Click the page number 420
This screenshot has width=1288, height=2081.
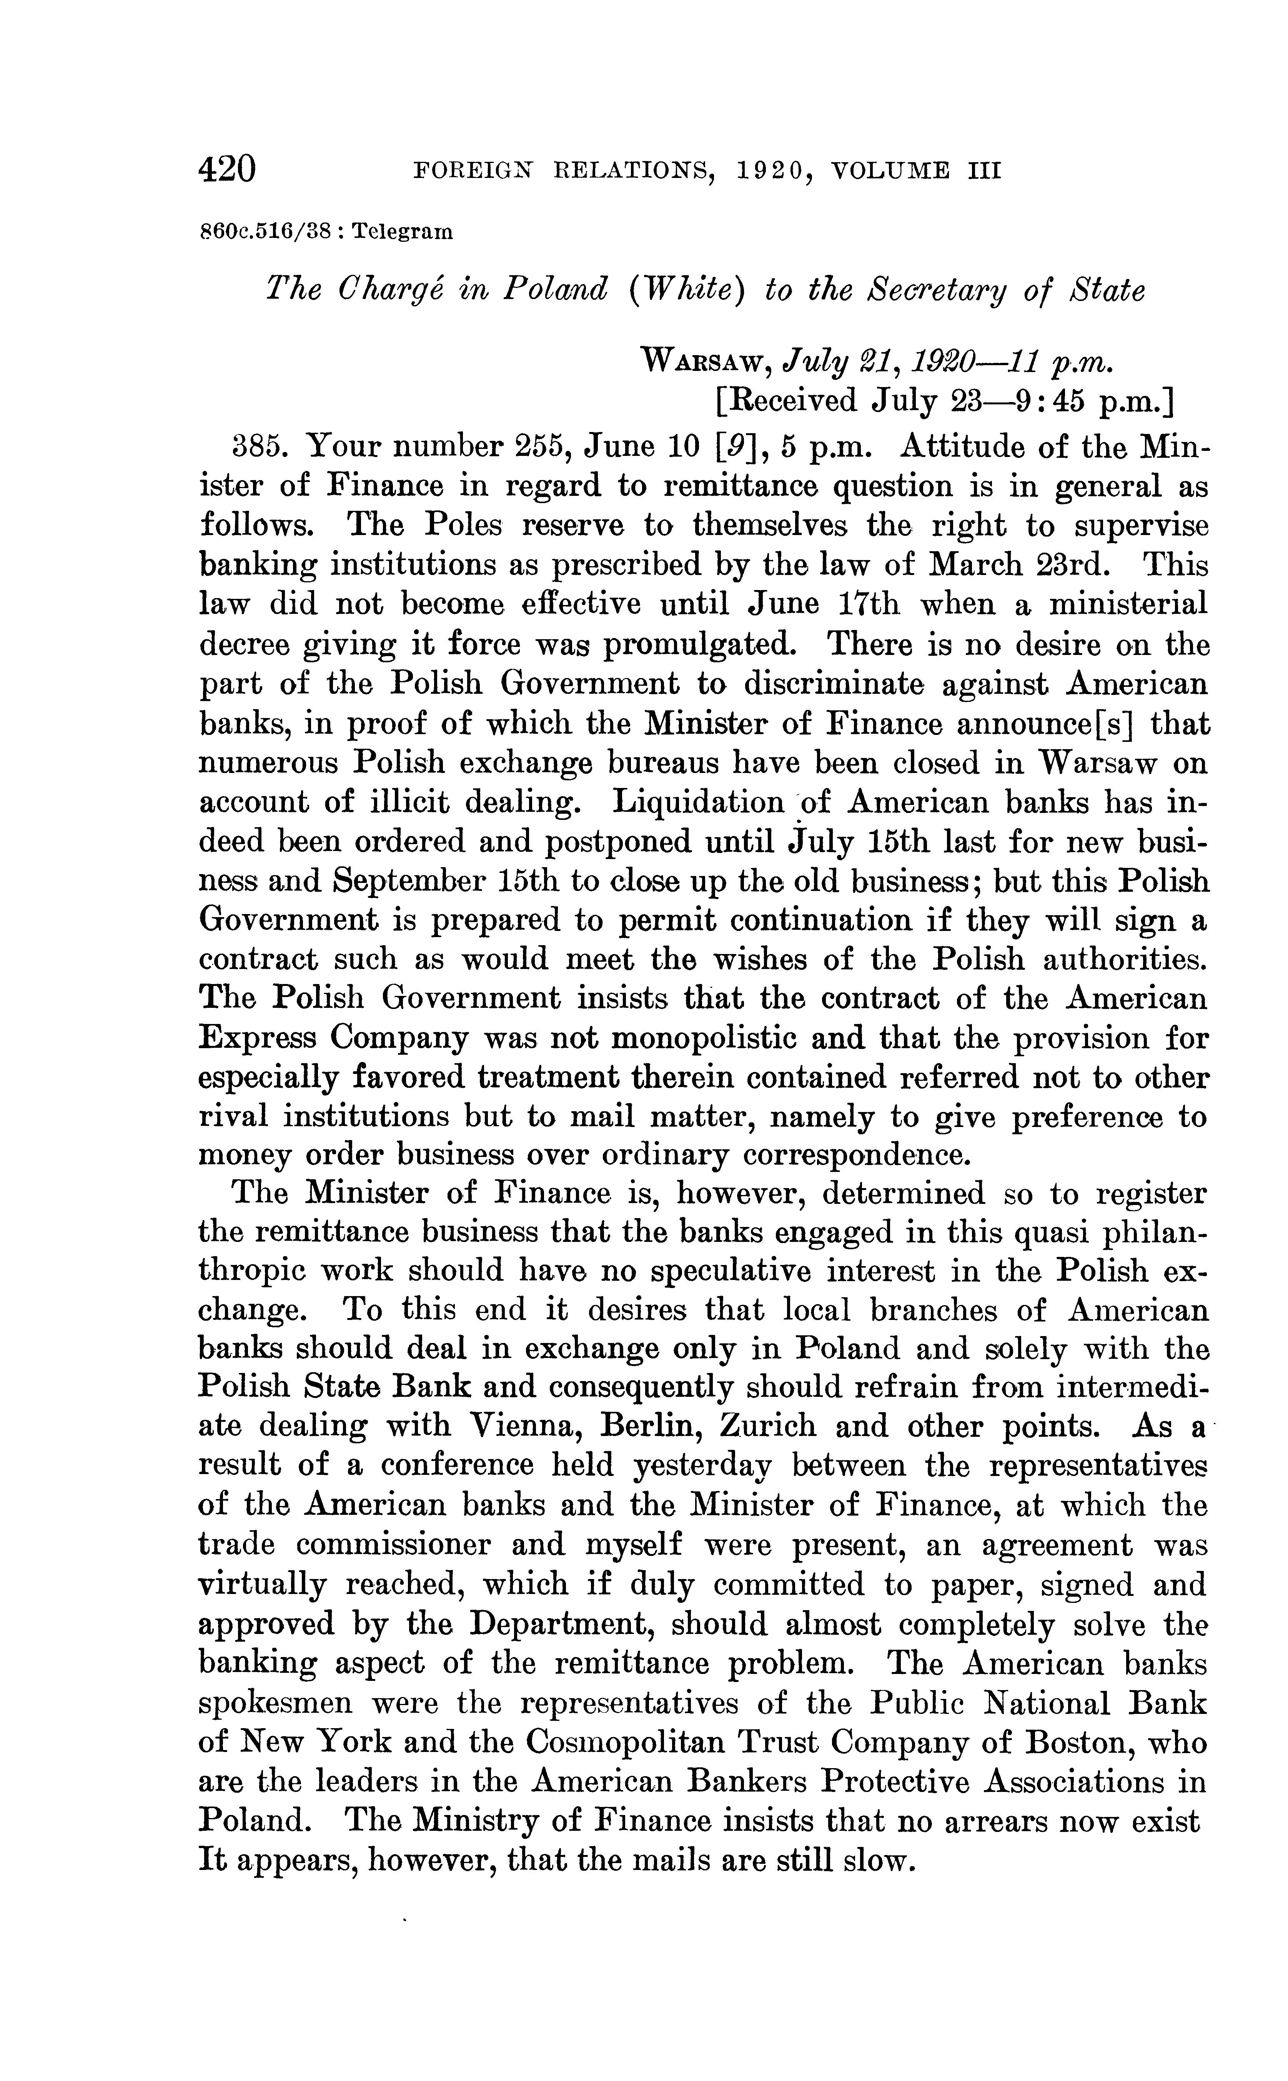pos(226,170)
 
